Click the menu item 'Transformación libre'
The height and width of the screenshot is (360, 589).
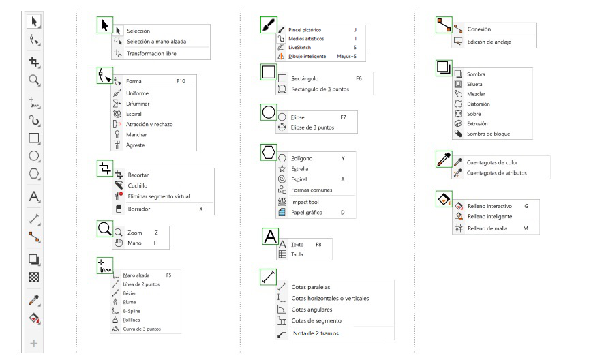[x=151, y=54]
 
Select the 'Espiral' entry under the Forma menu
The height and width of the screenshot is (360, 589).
[x=134, y=114]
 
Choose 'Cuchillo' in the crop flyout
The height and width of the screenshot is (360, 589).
[x=138, y=185]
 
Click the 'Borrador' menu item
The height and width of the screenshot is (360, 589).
[x=139, y=209]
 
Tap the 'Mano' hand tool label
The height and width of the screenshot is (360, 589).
[x=134, y=243]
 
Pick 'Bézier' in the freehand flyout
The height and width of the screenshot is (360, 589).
[x=130, y=293]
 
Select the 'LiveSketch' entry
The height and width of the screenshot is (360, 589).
[x=299, y=47]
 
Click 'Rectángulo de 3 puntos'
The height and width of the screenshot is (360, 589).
[x=320, y=89]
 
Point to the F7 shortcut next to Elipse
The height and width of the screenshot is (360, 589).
[x=343, y=117]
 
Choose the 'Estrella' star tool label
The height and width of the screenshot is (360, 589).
[x=299, y=169]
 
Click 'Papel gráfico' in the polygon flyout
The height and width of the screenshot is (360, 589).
[x=307, y=213]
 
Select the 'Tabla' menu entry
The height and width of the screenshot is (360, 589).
[x=297, y=254]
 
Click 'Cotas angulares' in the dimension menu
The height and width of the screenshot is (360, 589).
[x=312, y=310]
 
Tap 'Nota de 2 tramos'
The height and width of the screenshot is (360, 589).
[x=316, y=333]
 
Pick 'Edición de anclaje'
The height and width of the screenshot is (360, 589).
[x=489, y=42]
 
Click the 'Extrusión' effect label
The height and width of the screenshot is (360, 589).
[x=477, y=123]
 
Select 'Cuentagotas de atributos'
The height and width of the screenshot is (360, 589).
[x=496, y=173]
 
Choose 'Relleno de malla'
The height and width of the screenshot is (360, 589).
[x=487, y=228]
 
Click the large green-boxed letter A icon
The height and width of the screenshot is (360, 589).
[x=270, y=237]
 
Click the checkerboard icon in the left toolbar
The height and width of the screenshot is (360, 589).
[x=34, y=277]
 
